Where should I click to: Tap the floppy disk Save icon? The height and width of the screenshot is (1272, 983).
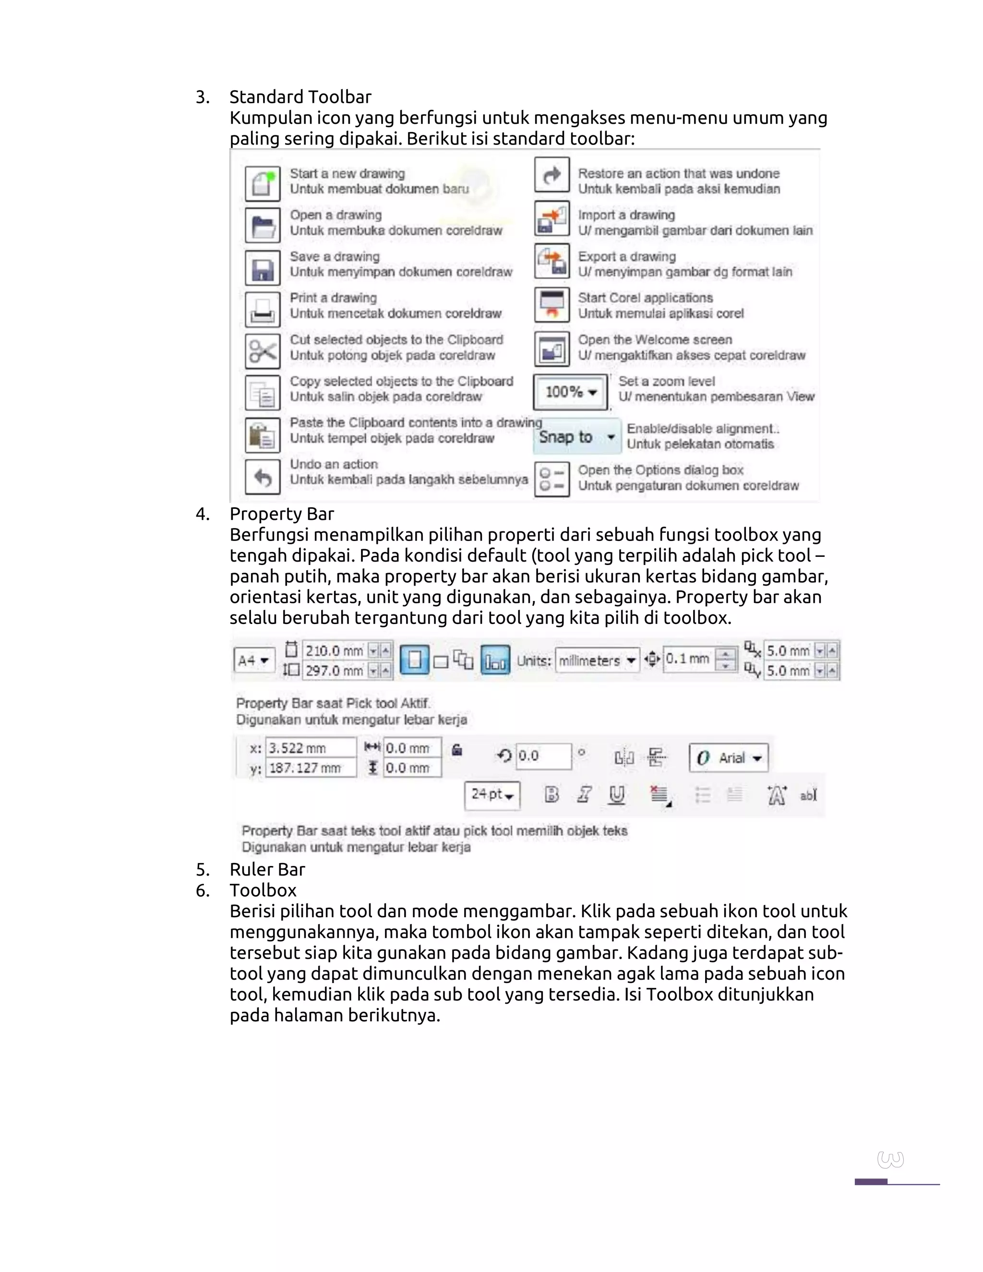263,268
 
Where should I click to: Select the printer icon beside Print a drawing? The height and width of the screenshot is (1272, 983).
263,309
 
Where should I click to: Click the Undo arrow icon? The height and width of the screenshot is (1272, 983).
263,477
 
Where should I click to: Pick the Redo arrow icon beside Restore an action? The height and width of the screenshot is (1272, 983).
551,175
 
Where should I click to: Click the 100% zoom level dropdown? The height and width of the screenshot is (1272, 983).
570,392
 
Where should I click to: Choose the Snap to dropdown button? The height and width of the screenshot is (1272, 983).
576,437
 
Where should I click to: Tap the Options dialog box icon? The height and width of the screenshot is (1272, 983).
551,479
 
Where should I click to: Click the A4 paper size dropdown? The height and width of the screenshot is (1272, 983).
254,660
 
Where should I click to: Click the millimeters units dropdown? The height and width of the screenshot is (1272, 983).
597,660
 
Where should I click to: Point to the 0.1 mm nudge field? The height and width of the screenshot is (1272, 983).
688,659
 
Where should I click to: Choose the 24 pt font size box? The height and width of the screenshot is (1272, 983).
492,794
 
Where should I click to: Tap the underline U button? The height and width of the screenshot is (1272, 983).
617,794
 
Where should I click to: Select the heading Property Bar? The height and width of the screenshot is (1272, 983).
281,514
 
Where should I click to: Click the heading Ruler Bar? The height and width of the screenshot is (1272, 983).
267,870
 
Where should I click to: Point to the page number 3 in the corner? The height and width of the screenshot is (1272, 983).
890,1160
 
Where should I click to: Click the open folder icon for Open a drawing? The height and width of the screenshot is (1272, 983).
263,226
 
